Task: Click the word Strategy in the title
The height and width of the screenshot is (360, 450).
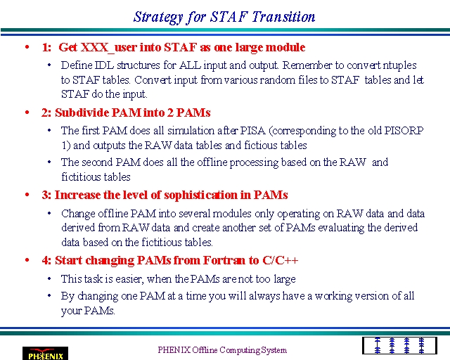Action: pyautogui.click(x=158, y=17)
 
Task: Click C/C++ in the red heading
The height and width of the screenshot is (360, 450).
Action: pyautogui.click(x=281, y=260)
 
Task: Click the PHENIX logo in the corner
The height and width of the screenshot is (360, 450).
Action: pyautogui.click(x=45, y=354)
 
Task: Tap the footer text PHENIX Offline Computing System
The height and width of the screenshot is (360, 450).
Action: pyautogui.click(x=222, y=350)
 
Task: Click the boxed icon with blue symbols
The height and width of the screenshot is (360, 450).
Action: pyautogui.click(x=399, y=346)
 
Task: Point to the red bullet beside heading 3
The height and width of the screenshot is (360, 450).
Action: pyautogui.click(x=27, y=195)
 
